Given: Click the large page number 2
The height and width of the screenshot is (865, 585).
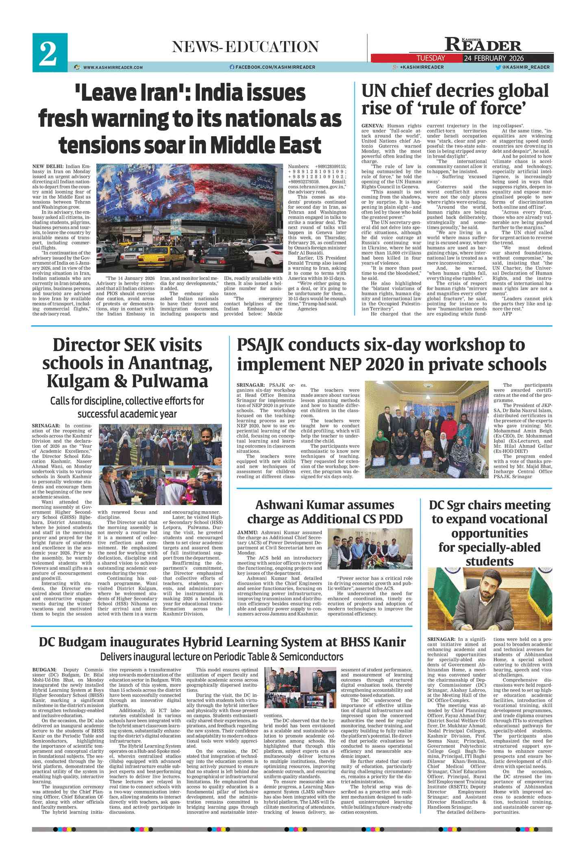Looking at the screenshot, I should (49, 53).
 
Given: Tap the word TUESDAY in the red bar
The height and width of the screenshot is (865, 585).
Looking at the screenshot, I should (431, 58).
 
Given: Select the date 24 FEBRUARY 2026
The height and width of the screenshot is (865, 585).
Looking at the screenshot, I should (494, 58).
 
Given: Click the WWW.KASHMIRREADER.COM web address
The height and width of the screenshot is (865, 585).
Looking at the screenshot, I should (113, 68).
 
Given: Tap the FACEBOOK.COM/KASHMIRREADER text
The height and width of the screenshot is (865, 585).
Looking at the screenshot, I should (275, 67).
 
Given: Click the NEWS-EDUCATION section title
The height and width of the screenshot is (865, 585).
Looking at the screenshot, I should (245, 47).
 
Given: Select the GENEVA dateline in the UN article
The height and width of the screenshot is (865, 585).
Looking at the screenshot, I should (372, 126).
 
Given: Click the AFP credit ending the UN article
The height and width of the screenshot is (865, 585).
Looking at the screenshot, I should (507, 314).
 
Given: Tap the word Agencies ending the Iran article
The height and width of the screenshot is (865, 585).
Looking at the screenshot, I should (307, 309).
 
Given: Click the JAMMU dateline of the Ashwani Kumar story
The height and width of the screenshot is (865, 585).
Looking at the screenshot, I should (247, 532).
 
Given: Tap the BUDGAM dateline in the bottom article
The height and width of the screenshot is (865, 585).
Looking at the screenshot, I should (45, 670).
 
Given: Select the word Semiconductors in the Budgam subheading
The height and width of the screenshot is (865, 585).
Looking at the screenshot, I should (311, 657).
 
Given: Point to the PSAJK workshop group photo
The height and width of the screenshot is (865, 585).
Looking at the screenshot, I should (427, 429).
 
